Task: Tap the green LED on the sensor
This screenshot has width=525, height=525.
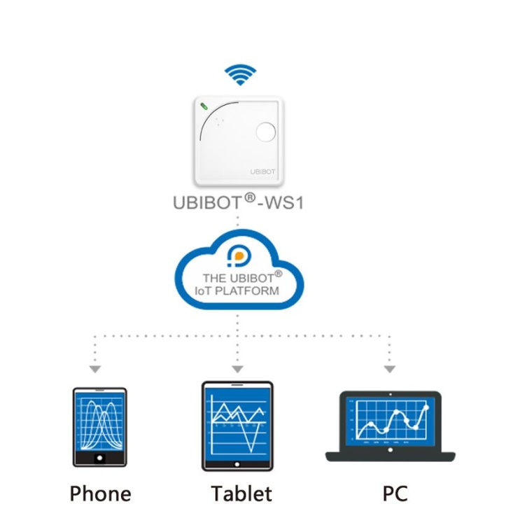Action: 204,106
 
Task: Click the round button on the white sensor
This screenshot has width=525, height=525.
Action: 266,132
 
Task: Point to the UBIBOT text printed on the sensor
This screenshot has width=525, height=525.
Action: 262,171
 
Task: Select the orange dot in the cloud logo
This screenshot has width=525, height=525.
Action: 239,256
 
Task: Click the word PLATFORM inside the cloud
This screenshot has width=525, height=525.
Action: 247,291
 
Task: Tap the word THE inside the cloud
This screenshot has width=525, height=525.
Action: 214,278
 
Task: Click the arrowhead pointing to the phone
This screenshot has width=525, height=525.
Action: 95,369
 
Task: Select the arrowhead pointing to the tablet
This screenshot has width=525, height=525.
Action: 237,369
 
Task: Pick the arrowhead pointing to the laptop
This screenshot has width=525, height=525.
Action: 389,369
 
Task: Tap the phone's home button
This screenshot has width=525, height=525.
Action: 99,458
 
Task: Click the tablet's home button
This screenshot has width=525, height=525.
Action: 237,464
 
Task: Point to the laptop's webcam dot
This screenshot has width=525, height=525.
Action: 391,394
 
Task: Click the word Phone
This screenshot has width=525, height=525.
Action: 100,493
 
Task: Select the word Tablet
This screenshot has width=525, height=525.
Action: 241,493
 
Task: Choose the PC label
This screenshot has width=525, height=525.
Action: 395,493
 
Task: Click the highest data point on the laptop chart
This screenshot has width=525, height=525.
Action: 426,407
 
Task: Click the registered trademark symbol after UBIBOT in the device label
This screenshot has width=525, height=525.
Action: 250,197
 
